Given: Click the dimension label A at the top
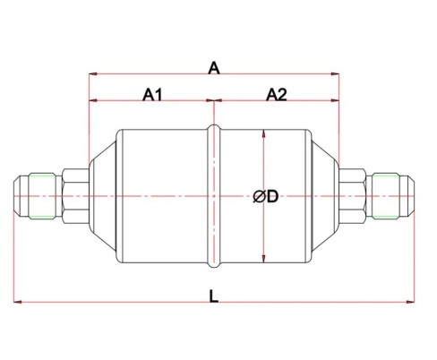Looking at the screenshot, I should [214, 67].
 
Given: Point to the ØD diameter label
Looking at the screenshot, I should [266, 197].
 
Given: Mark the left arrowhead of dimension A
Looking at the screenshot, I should [91, 75].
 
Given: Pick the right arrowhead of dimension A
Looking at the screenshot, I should [338, 75].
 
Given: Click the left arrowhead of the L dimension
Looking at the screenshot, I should [17, 301].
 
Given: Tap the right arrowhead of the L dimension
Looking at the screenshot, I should [411, 301].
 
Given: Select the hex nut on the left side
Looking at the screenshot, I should [73, 195].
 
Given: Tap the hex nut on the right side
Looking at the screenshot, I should [355, 195].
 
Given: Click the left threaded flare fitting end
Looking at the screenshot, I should [36, 195].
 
